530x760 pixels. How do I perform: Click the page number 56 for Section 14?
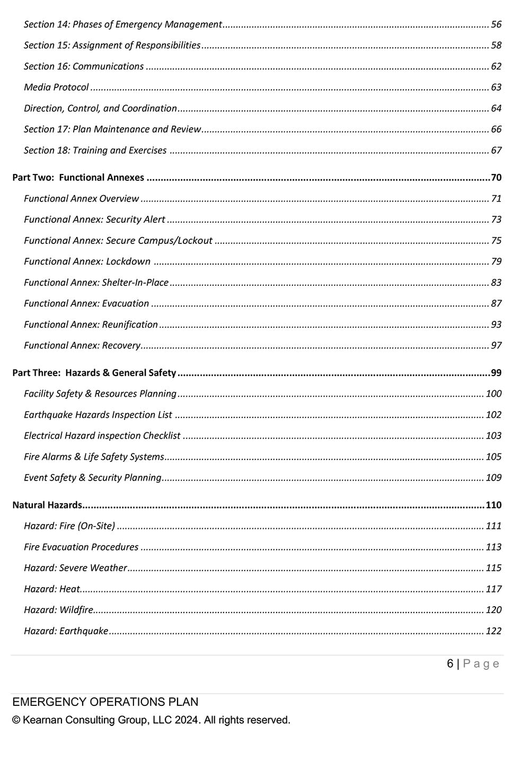point(496,24)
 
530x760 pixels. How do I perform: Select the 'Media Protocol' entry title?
point(56,88)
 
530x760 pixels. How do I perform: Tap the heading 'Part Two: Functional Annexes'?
point(78,178)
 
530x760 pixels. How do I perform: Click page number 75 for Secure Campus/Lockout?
point(496,241)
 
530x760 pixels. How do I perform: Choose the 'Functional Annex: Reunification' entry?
point(91,325)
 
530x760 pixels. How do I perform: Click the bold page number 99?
point(496,373)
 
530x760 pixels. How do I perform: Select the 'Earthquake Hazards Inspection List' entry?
point(98,415)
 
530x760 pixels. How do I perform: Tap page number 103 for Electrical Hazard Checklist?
point(493,436)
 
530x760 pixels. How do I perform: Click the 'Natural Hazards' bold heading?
point(47,505)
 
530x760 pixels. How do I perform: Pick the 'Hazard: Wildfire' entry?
point(58,610)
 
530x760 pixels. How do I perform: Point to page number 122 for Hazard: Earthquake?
point(493,631)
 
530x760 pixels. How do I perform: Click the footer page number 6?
point(450,664)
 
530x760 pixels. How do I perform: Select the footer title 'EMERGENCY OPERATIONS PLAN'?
point(105,702)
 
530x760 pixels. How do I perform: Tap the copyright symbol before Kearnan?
point(16,720)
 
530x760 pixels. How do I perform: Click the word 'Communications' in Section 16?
point(108,66)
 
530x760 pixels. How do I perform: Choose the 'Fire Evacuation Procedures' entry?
point(81,547)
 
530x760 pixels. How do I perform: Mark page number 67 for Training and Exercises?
point(496,151)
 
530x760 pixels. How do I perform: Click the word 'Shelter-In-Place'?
point(135,283)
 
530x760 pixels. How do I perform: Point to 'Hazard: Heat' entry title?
point(52,589)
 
